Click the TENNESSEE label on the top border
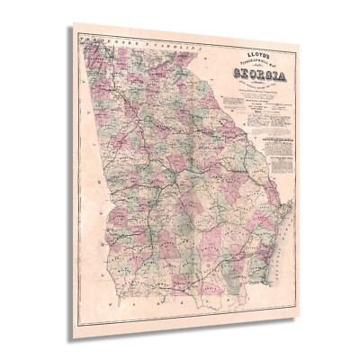(100, 40)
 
